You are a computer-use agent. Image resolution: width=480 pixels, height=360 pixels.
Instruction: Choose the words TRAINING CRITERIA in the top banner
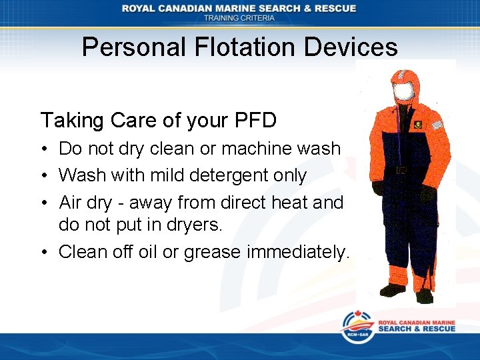point(239,18)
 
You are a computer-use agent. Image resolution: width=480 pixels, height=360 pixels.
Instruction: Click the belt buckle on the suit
point(401,170)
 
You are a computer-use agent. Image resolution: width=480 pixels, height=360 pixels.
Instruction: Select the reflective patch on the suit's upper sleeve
point(437,124)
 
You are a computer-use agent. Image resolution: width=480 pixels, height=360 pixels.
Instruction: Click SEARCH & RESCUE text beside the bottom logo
point(417,329)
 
